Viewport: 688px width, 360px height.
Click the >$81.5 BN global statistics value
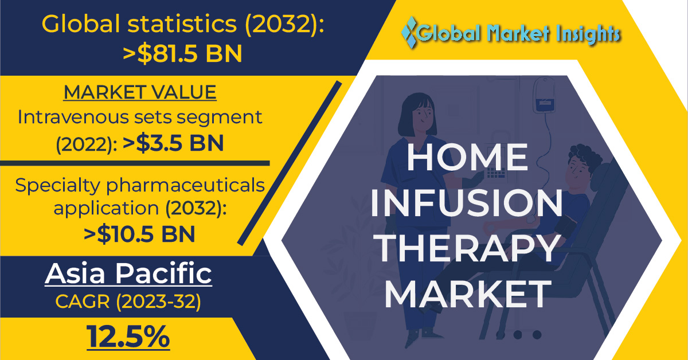coord(182,54)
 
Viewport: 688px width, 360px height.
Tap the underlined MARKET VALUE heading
coord(140,92)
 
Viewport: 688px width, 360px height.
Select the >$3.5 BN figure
coord(173,143)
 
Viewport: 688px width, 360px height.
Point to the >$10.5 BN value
coord(139,234)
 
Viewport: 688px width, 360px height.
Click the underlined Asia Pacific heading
coord(128,273)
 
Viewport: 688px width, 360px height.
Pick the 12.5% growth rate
coord(128,337)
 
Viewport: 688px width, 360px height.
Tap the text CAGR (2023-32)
coord(128,302)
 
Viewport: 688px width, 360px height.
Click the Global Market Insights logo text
coord(518,33)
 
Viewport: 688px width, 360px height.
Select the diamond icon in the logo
coord(410,32)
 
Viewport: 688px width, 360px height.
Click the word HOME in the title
coord(467,157)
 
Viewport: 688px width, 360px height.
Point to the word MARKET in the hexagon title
coord(467,294)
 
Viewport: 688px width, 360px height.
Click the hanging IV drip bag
coord(544,95)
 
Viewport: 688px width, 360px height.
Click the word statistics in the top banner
coord(182,24)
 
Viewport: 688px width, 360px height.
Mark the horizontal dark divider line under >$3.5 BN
coord(135,163)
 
